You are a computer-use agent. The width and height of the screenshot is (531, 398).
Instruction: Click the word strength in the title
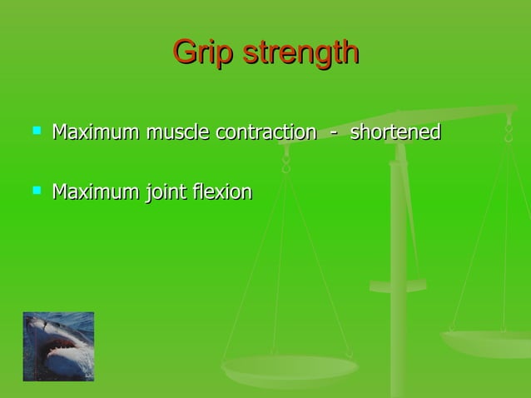[x=300, y=52]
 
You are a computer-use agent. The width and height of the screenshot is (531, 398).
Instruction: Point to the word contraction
[x=265, y=132]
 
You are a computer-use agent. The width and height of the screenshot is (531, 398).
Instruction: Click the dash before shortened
[x=333, y=133]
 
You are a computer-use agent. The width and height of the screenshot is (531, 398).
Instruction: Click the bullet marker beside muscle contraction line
[x=36, y=131]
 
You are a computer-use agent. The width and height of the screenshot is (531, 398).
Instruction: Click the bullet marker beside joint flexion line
[x=36, y=191]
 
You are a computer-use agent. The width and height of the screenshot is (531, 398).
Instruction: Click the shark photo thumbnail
[x=58, y=346]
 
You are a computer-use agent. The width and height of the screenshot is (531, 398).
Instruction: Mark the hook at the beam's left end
[x=285, y=162]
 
